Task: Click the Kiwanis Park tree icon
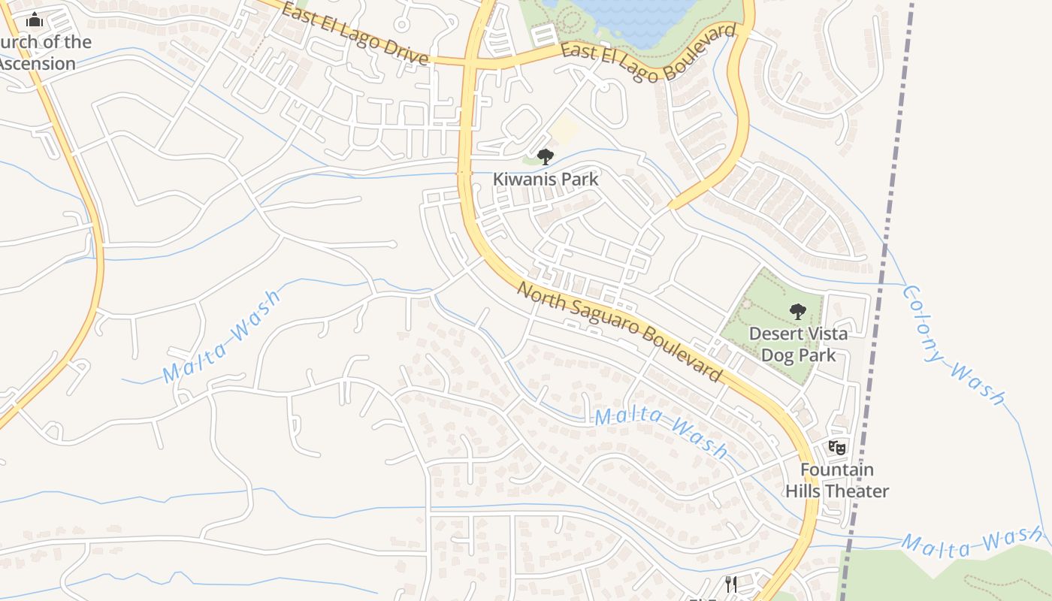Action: pos(546,156)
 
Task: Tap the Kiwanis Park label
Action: pos(546,179)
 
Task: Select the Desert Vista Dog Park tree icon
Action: pos(798,310)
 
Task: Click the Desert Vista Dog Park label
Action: pos(799,343)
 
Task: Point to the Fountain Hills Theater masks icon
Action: pos(837,448)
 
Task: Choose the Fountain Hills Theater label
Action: pos(837,480)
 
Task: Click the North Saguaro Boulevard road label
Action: pos(620,331)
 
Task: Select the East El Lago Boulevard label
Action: pos(648,53)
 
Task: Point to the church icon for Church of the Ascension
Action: pos(35,20)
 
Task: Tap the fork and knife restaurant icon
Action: pos(730,584)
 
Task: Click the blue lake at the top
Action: pos(639,19)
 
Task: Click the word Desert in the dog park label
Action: pos(776,334)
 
